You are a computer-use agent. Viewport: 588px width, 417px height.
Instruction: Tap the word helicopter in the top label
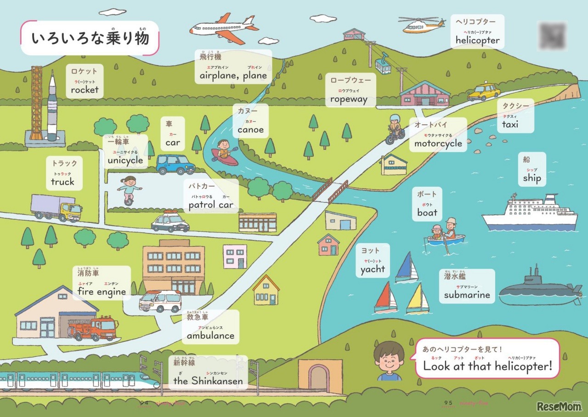pos(477,40)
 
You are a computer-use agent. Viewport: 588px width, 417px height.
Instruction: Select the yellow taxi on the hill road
pos(484,92)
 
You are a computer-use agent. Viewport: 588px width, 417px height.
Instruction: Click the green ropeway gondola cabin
pos(383,66)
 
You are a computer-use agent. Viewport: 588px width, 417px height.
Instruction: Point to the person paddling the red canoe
pos(223,149)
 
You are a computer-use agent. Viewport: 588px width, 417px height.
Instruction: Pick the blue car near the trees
pos(175,164)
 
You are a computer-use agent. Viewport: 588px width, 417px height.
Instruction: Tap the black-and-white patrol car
pos(170,222)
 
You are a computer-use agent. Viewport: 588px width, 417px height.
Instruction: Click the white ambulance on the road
pos(160,300)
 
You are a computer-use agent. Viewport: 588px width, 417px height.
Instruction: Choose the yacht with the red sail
pos(385,297)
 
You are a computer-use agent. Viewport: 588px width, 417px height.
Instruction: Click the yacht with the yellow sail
pos(418,299)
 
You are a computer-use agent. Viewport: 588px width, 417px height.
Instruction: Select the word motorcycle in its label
pos(438,144)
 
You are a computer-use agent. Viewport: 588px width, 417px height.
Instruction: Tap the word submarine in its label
pos(467,295)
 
